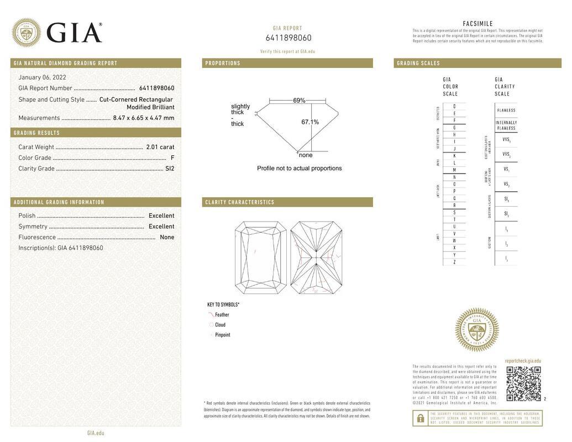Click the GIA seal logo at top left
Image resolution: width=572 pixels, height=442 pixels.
tap(26, 33)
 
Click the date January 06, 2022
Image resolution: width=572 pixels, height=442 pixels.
tap(42, 77)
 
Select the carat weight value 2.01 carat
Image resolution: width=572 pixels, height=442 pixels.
tap(160, 147)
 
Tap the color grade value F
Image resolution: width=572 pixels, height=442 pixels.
tap(172, 158)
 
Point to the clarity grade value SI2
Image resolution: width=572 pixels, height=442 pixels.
tap(169, 169)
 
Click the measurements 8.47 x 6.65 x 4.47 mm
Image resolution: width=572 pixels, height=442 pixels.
tap(143, 118)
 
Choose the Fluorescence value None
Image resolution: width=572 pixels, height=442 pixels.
tap(167, 237)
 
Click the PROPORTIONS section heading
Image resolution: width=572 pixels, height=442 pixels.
tap(223, 63)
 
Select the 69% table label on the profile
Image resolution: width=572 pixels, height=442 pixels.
tap(299, 101)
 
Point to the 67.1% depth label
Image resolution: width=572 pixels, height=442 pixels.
tap(309, 122)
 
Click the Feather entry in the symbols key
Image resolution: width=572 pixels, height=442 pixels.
tap(222, 315)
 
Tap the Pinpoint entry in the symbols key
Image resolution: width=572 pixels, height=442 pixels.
tap(222, 335)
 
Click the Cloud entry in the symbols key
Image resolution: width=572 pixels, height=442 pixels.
tap(220, 325)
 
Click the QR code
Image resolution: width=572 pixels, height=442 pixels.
tap(523, 383)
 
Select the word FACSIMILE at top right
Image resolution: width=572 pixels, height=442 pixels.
tap(477, 24)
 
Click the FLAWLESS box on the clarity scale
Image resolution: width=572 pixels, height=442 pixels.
tap(506, 110)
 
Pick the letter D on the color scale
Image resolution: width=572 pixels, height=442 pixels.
tap(454, 106)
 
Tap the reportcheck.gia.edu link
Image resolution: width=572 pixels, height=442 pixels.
tap(523, 361)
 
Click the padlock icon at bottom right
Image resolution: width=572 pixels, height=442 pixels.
tap(420, 418)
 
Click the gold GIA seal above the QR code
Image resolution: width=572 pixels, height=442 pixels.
tap(476, 330)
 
